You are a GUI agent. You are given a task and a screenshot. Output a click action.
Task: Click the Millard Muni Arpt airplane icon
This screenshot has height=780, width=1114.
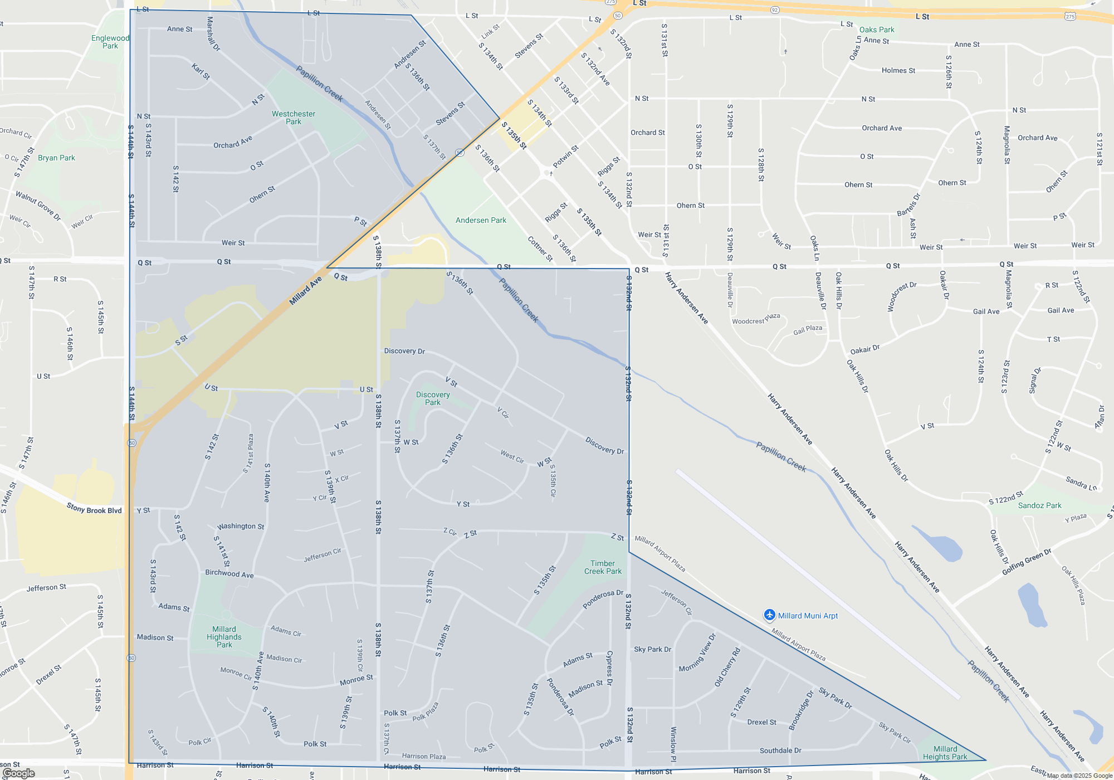(x=770, y=615)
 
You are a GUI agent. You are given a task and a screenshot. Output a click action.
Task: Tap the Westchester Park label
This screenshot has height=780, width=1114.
(x=294, y=118)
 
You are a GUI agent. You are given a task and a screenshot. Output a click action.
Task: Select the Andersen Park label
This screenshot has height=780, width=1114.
(x=481, y=220)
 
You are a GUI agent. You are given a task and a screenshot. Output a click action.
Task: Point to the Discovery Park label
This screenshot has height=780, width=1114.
(x=433, y=398)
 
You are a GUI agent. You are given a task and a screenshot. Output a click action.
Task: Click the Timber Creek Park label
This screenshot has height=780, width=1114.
(x=603, y=567)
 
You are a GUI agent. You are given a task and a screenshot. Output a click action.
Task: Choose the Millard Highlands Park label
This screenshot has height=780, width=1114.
(x=224, y=637)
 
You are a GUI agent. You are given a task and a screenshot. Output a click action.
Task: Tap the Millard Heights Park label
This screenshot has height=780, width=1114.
(x=945, y=753)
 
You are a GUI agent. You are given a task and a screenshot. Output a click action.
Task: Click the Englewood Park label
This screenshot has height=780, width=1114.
(x=110, y=42)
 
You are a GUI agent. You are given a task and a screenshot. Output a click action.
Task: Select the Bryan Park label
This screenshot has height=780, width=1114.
(x=56, y=158)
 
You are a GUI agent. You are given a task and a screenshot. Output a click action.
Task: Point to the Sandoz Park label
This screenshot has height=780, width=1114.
(x=1039, y=505)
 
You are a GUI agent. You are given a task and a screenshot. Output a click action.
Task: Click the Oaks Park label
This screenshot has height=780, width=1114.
(x=877, y=30)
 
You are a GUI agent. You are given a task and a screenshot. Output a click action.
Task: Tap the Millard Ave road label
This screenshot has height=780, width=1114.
(x=305, y=291)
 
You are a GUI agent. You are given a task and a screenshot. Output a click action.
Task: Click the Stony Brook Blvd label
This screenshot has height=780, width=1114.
(x=94, y=509)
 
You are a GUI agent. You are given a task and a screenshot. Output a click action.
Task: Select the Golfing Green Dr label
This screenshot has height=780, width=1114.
(x=1026, y=562)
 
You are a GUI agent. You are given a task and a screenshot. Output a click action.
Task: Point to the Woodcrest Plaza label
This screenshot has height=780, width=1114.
(x=756, y=319)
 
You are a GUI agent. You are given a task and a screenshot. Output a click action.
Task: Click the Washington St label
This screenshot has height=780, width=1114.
(x=241, y=526)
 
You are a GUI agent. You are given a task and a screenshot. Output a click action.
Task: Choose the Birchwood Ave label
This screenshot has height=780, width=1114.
(x=229, y=573)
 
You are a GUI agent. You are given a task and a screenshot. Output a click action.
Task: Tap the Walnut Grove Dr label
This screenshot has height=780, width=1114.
(x=38, y=205)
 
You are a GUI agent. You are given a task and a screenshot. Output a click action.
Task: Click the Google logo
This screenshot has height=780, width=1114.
(x=19, y=773)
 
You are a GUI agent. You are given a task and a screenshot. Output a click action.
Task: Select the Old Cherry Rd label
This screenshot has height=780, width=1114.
(x=727, y=666)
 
